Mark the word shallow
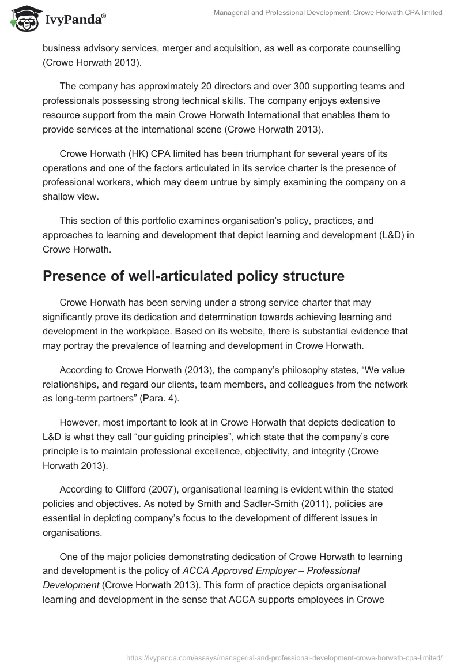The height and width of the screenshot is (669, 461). pos(61,197)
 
